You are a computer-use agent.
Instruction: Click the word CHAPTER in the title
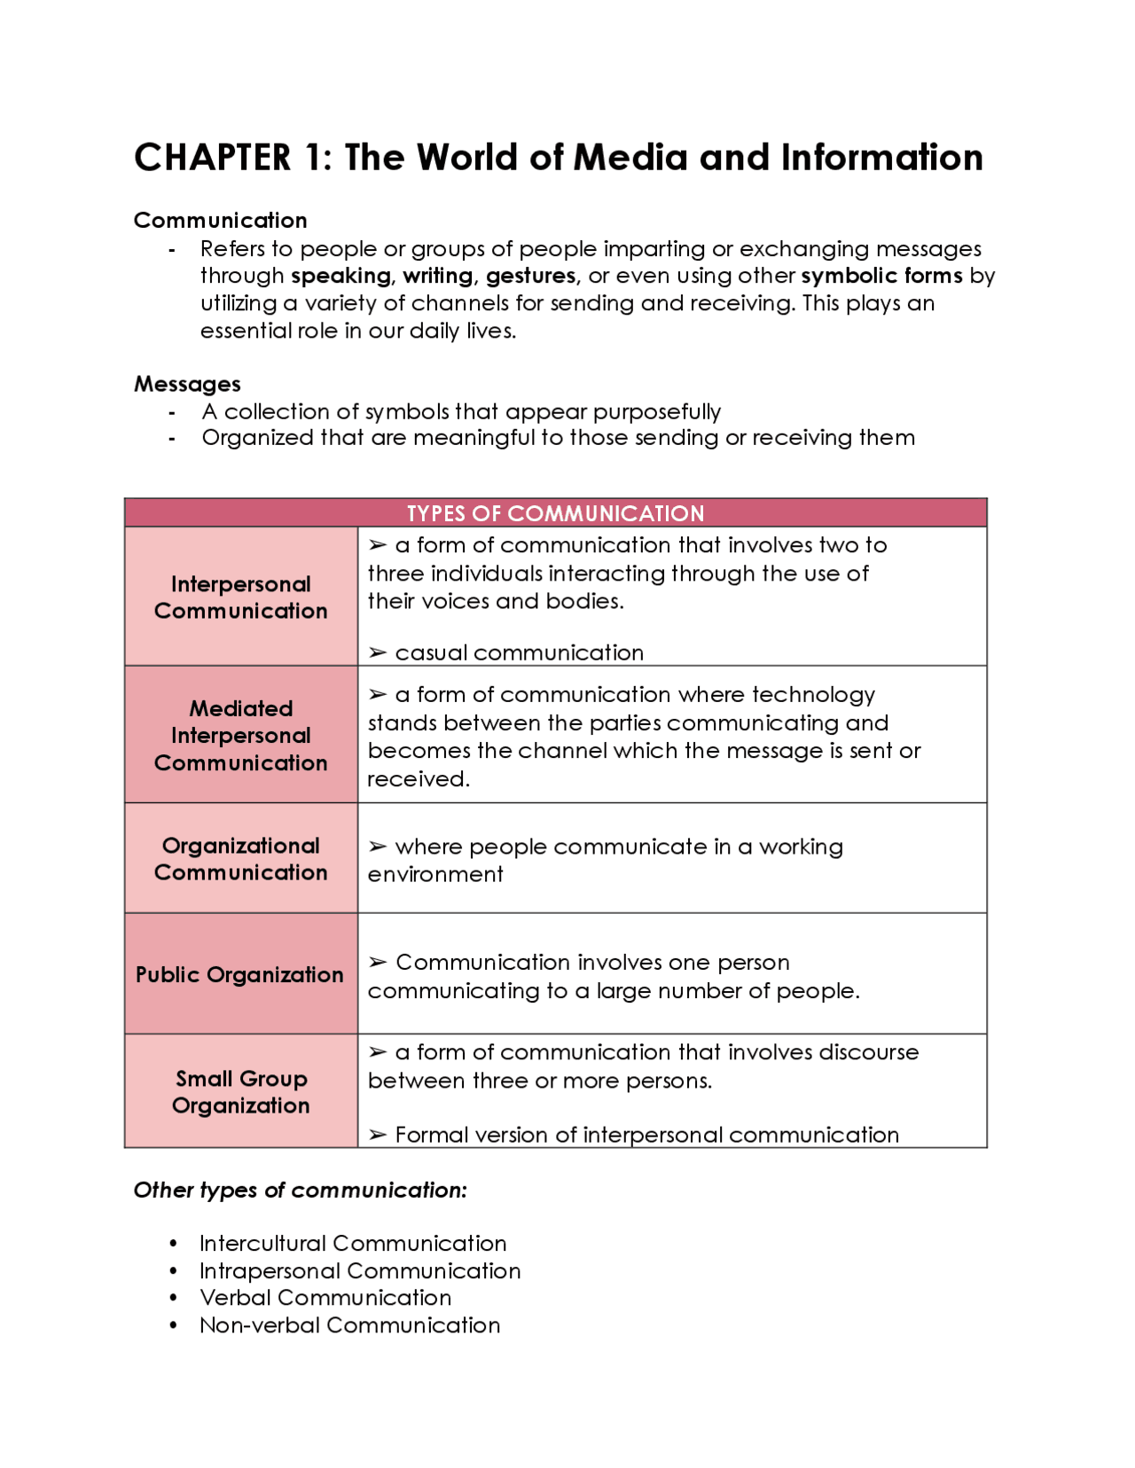[212, 158]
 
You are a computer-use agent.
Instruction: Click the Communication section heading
[220, 220]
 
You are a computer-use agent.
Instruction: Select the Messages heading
[187, 384]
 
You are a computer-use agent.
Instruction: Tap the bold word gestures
[531, 276]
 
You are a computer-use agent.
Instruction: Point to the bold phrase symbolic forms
[881, 276]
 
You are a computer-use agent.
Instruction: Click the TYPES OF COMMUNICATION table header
[555, 513]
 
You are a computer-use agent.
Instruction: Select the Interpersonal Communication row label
[240, 597]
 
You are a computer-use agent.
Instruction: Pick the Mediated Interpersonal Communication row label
[240, 735]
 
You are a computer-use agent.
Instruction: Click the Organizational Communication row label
[240, 859]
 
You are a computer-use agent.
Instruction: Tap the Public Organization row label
[239, 974]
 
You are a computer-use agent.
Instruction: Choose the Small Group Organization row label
[240, 1091]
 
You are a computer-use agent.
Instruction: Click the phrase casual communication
[519, 652]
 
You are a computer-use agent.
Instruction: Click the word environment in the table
[434, 874]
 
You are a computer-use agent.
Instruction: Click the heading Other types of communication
[300, 1190]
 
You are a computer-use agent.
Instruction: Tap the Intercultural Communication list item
[353, 1243]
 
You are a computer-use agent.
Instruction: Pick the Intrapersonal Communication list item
[360, 1270]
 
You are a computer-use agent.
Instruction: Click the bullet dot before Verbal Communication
[174, 1298]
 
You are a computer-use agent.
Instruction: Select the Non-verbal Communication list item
[349, 1325]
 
